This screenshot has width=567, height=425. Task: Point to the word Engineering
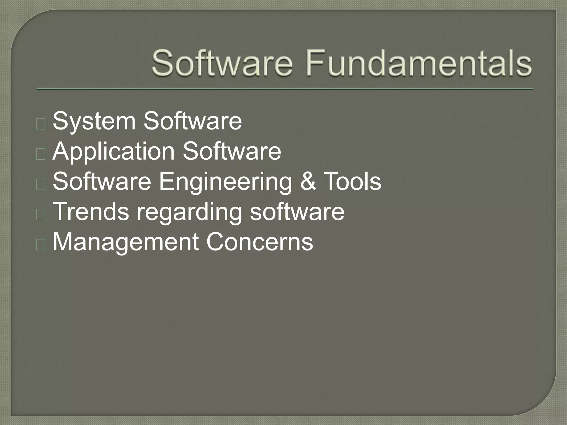[x=225, y=182]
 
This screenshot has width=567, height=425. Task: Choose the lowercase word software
[x=297, y=212]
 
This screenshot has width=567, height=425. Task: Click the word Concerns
[x=259, y=242]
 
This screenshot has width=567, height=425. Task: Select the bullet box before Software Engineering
[x=41, y=185]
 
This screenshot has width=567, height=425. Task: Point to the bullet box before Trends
[x=41, y=215]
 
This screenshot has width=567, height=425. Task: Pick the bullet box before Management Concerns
[x=41, y=245]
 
